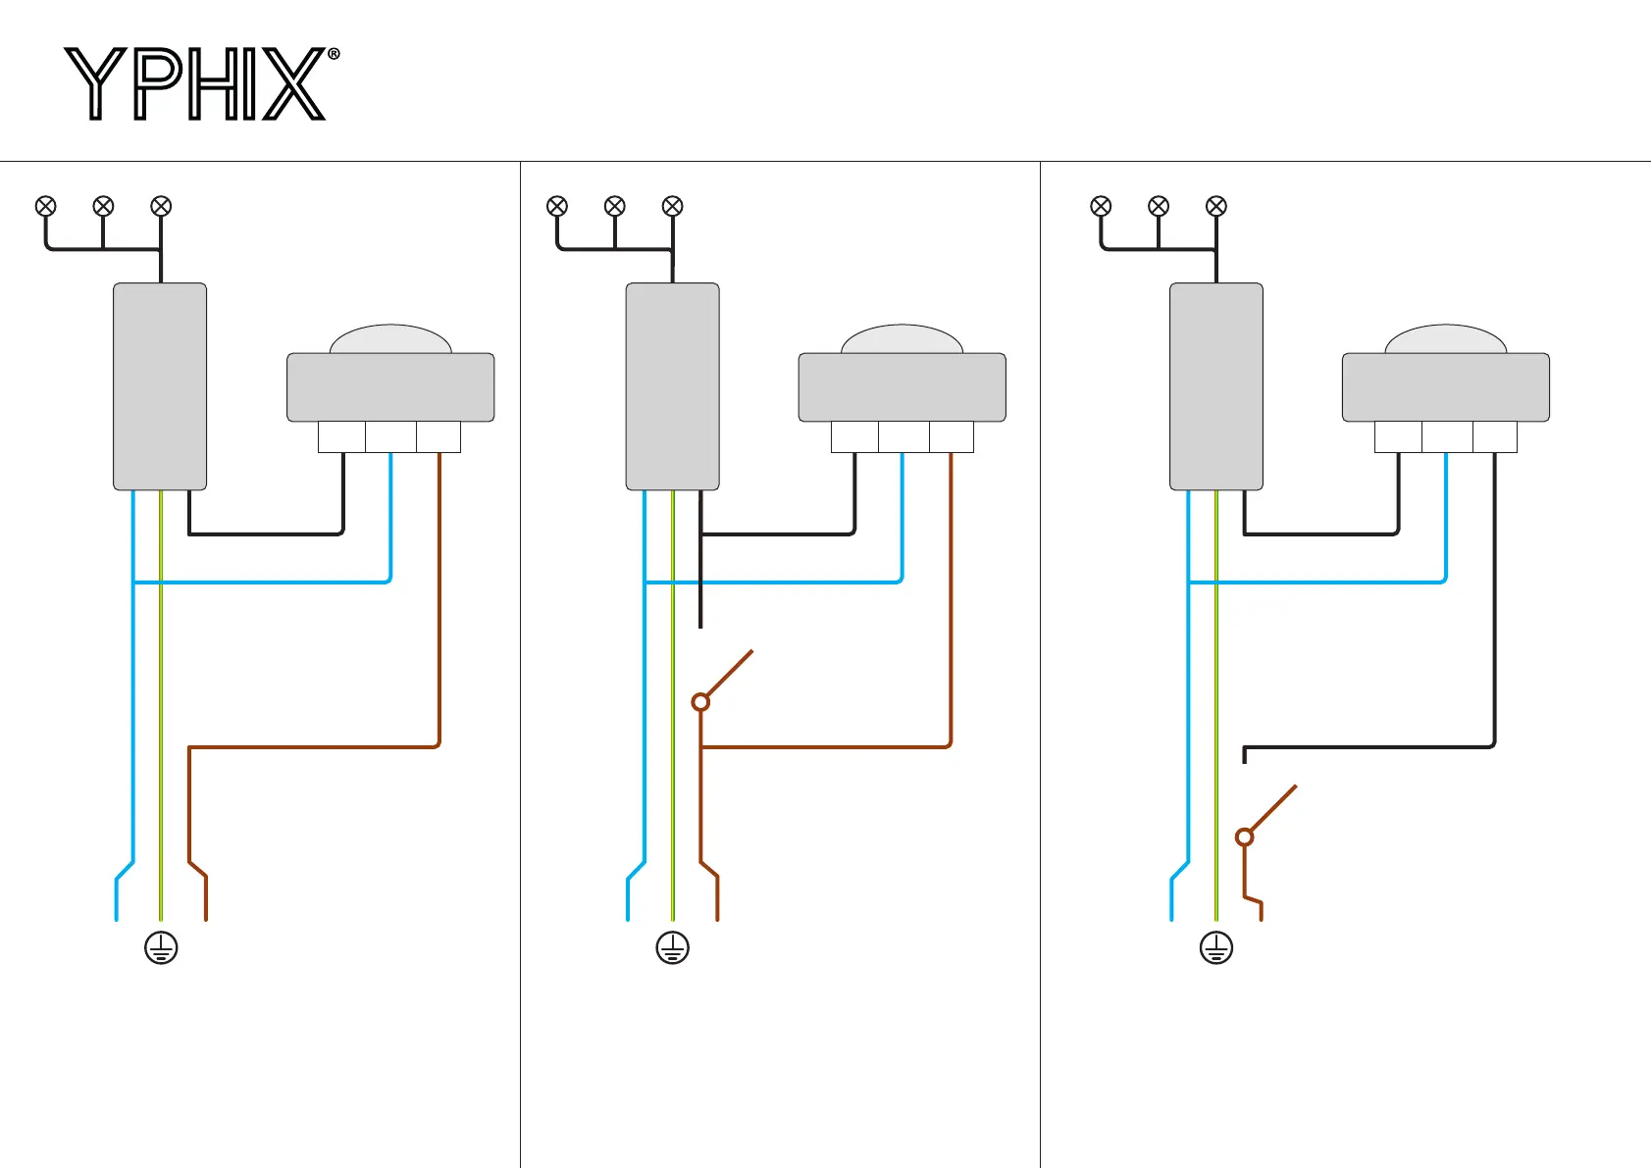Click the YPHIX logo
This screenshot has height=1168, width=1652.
(x=196, y=84)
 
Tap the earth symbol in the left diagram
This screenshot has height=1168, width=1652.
(x=161, y=948)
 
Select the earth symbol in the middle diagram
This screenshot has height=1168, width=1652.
(x=673, y=948)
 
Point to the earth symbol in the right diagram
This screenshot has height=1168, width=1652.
(x=1216, y=948)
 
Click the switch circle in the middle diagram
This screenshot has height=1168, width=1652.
(x=700, y=702)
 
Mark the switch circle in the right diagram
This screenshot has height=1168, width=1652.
(x=1245, y=838)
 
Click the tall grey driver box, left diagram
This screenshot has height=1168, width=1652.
(x=160, y=386)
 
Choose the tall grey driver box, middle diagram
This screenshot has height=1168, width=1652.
(x=673, y=386)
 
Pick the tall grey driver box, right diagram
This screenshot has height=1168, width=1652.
(x=1216, y=386)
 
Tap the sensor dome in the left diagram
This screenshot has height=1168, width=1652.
(x=390, y=339)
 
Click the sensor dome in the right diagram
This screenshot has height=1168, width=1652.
(x=1446, y=339)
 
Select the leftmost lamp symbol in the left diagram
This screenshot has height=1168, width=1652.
(x=46, y=206)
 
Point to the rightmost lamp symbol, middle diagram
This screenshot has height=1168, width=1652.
(x=673, y=206)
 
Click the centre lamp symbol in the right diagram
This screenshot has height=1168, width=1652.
(x=1159, y=206)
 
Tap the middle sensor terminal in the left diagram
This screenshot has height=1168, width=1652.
(x=390, y=437)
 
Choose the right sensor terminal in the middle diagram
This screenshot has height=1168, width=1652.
(x=952, y=437)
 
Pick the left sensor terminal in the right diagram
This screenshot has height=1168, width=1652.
(x=1398, y=437)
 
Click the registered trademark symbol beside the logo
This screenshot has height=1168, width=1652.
(x=334, y=55)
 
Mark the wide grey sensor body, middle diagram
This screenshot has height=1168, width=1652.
(x=903, y=387)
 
